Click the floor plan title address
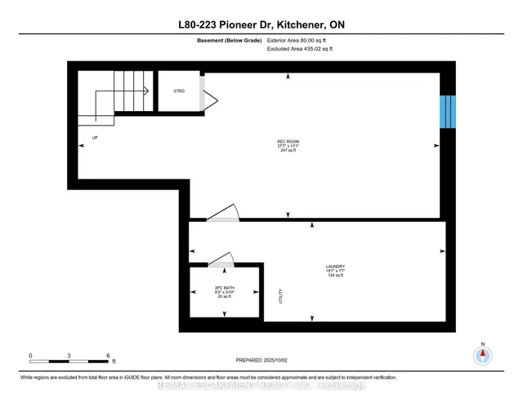(261, 25)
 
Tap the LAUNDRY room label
(336, 266)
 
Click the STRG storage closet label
(179, 91)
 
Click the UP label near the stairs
(95, 138)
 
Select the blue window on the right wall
(446, 112)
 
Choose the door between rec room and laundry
(221, 213)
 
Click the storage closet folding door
(209, 100)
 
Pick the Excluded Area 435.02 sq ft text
(300, 49)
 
